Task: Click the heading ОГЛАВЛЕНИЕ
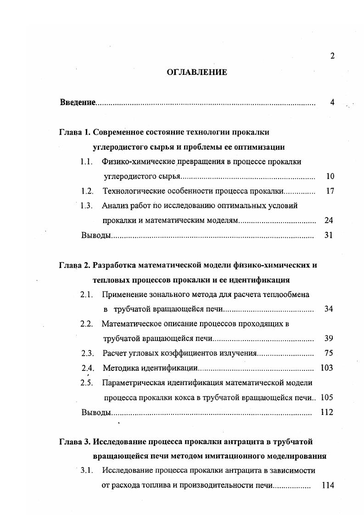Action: click(x=196, y=72)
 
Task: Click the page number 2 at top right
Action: click(x=332, y=56)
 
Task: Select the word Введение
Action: click(x=78, y=102)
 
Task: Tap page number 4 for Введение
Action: click(x=332, y=102)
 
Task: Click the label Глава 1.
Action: click(x=75, y=133)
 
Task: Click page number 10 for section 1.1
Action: click(x=330, y=176)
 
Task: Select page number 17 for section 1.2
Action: click(x=330, y=191)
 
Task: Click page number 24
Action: click(x=329, y=220)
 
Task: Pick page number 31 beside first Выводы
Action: click(x=329, y=235)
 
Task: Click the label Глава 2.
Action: click(x=75, y=265)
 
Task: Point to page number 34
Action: click(x=329, y=309)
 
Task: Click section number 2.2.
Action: click(x=87, y=324)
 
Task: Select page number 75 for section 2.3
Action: click(x=329, y=353)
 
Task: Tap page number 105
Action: click(x=327, y=397)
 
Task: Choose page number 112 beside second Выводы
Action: click(x=327, y=412)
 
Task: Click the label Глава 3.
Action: click(x=75, y=442)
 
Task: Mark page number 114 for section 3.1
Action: click(x=327, y=486)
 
